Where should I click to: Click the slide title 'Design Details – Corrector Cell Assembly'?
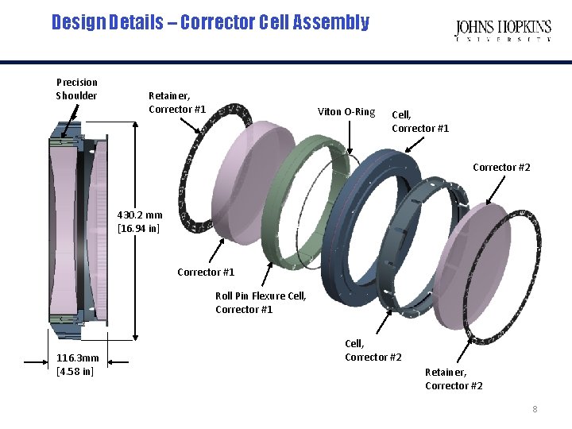pyautogui.click(x=210, y=22)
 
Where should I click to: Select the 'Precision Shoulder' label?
pyautogui.click(x=77, y=89)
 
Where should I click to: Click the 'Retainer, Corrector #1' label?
pyautogui.click(x=177, y=102)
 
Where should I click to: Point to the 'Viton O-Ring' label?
pyautogui.click(x=346, y=112)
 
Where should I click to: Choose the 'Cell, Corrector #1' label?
pyautogui.click(x=420, y=122)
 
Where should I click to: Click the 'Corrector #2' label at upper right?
pyautogui.click(x=501, y=168)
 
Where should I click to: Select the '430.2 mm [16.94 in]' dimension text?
pyautogui.click(x=140, y=222)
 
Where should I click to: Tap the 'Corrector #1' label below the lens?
pyautogui.click(x=206, y=272)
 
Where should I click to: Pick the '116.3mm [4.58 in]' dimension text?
pyautogui.click(x=78, y=365)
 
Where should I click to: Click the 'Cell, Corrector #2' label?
pyautogui.click(x=373, y=350)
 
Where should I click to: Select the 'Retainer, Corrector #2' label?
pyautogui.click(x=454, y=379)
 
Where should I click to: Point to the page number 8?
pyautogui.click(x=535, y=409)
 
